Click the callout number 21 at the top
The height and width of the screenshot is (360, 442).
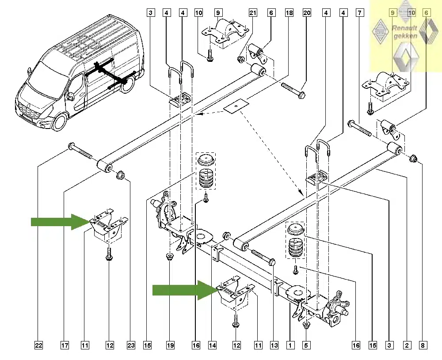point(253,13)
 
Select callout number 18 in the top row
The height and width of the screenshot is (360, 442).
point(289,13)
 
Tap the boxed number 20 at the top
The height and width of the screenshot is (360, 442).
point(307,13)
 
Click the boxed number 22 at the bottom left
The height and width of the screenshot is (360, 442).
point(39,345)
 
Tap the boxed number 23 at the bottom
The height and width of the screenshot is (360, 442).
point(130,345)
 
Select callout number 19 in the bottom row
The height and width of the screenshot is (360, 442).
point(170,345)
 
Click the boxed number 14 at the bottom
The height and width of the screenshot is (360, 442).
point(213,345)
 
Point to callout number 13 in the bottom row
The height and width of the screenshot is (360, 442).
point(274,345)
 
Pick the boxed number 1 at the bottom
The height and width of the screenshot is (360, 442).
point(290,345)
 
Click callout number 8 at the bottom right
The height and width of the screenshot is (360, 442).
point(423,345)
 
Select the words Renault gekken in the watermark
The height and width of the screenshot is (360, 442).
point(404,32)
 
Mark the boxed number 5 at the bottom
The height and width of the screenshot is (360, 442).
point(307,345)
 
